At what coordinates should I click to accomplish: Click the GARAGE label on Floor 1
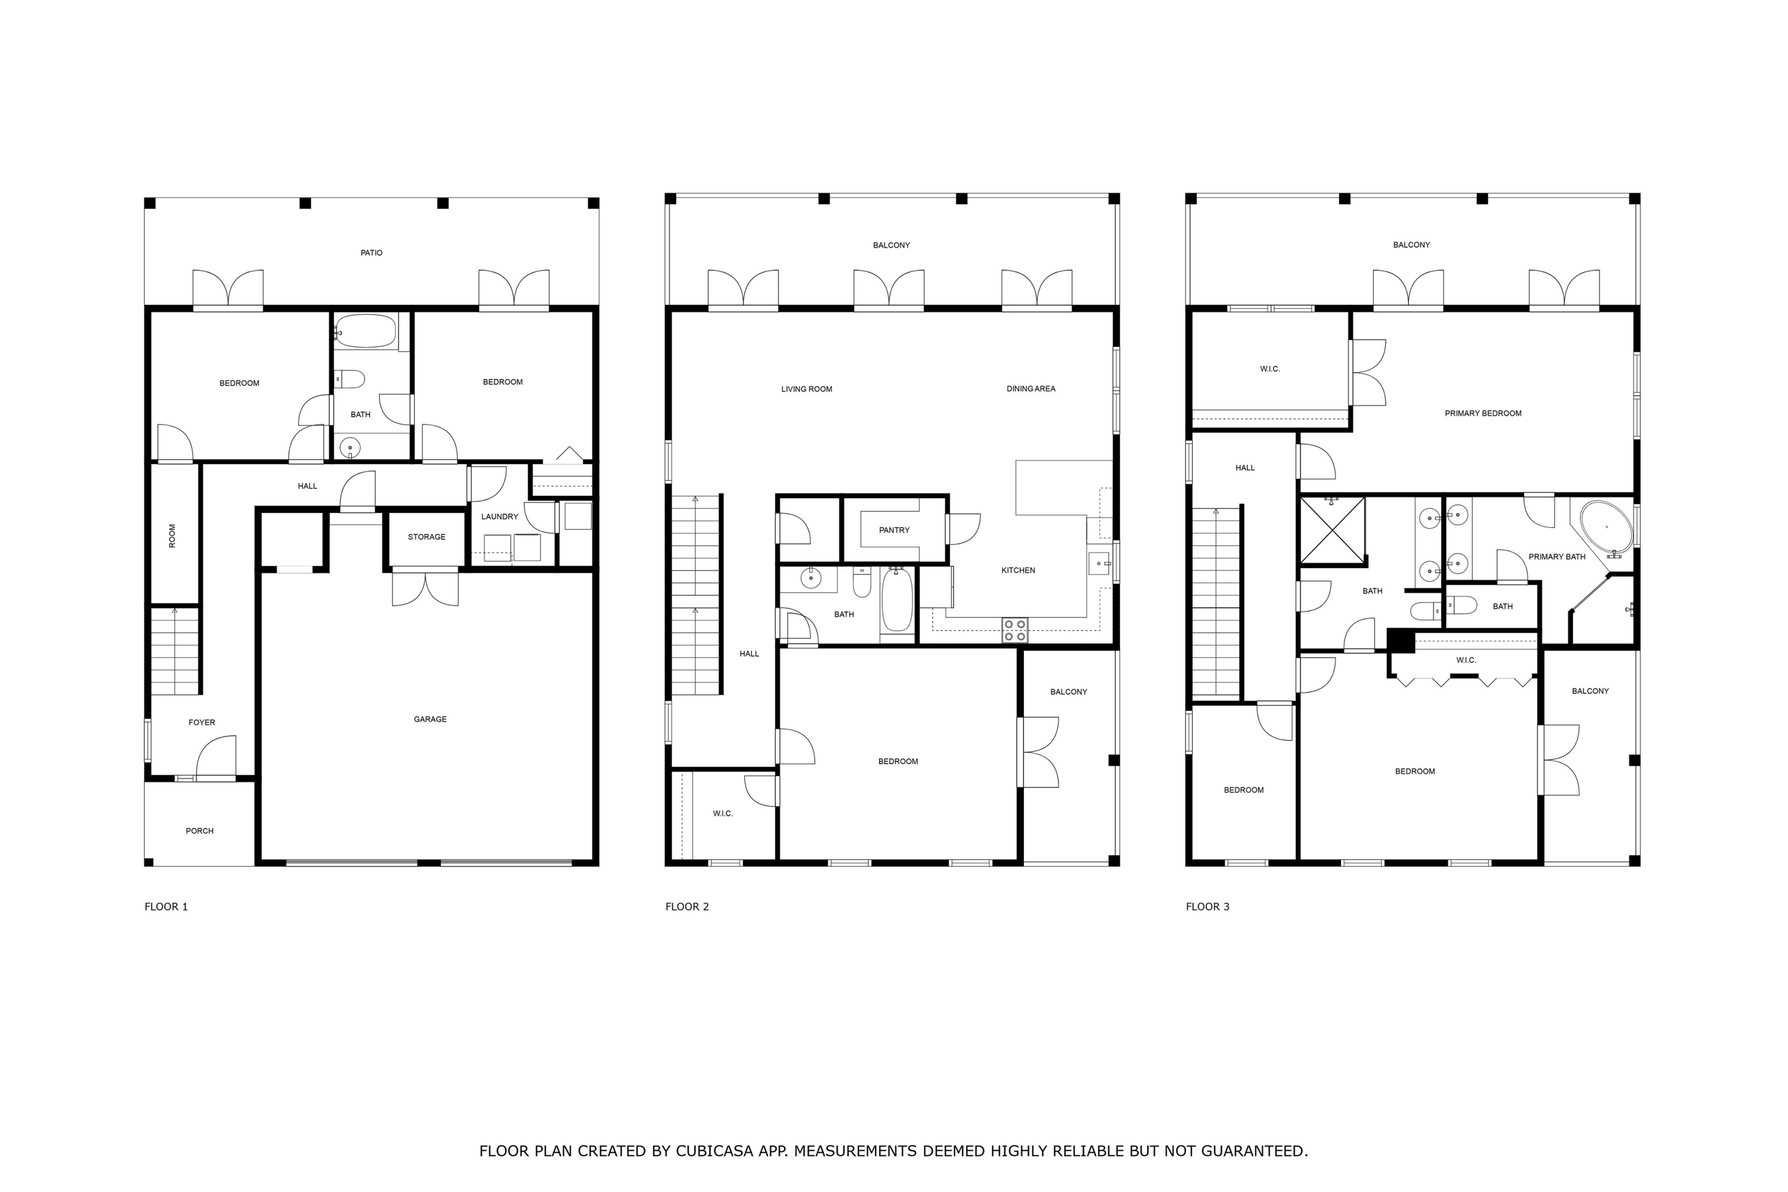click(430, 719)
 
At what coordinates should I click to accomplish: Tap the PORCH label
click(199, 831)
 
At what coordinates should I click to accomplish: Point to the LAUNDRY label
click(499, 517)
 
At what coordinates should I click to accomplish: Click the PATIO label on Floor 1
click(371, 252)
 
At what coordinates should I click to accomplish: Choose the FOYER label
click(201, 723)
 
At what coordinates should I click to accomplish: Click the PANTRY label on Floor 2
click(893, 530)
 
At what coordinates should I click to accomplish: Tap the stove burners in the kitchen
click(1014, 630)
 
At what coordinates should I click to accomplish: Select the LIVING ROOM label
click(806, 389)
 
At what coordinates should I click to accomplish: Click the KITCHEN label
click(1017, 570)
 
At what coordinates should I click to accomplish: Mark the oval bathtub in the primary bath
click(1606, 526)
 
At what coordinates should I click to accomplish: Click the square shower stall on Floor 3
click(1332, 530)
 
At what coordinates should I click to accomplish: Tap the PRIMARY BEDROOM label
click(1482, 414)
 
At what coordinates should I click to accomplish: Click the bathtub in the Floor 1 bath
click(366, 332)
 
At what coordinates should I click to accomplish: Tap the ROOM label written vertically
click(172, 535)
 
